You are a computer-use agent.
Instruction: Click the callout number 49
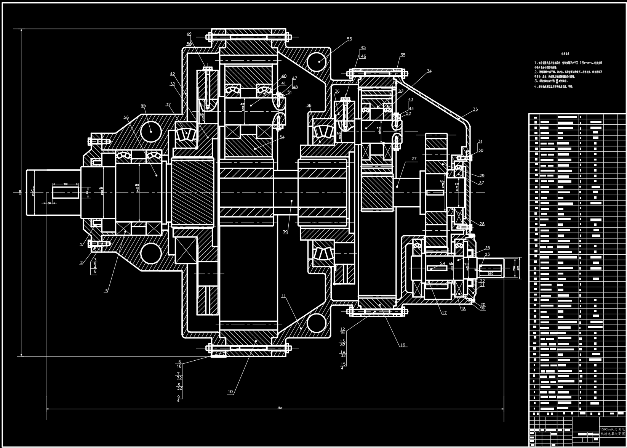[189, 34]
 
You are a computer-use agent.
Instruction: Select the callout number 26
[126, 117]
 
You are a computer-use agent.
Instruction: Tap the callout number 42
[172, 74]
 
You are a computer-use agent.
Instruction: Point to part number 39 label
[285, 231]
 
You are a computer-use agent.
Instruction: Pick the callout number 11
[283, 296]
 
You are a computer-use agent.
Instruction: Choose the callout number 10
[230, 392]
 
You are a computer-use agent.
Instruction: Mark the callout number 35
[403, 55]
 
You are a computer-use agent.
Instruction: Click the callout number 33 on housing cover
[475, 109]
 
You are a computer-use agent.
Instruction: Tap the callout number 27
[414, 159]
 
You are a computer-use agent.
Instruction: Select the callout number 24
[443, 263]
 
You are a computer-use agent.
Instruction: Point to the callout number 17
[444, 313]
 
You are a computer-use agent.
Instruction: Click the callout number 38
[309, 106]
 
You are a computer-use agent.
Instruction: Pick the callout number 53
[401, 91]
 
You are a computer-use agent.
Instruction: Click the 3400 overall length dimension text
[280, 408]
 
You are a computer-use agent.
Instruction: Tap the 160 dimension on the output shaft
[490, 273]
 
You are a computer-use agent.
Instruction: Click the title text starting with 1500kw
[613, 429]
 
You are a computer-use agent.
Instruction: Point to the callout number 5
[107, 291]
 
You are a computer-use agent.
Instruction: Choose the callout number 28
[482, 224]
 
